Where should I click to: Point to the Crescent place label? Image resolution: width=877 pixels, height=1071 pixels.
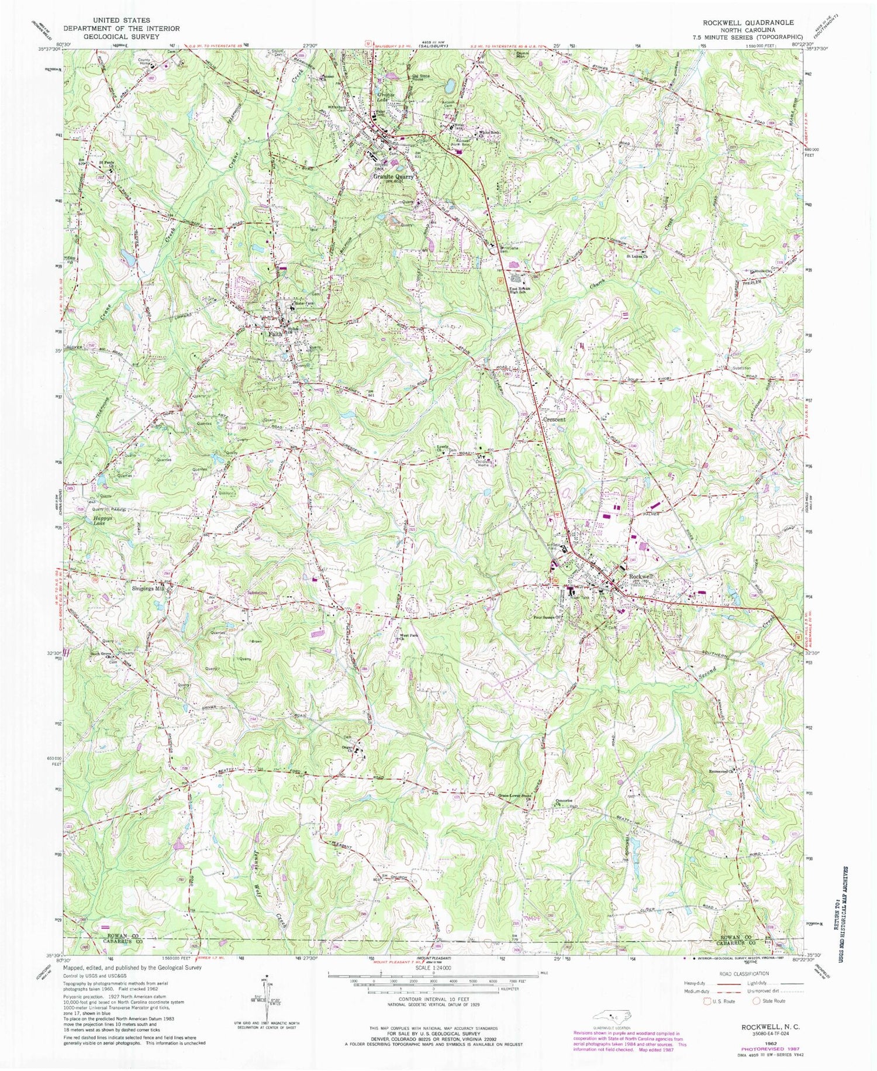click(x=555, y=419)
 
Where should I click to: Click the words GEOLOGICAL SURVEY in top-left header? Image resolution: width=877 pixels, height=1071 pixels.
click(x=121, y=36)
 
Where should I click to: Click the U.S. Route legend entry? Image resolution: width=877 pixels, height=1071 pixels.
click(x=720, y=1001)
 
